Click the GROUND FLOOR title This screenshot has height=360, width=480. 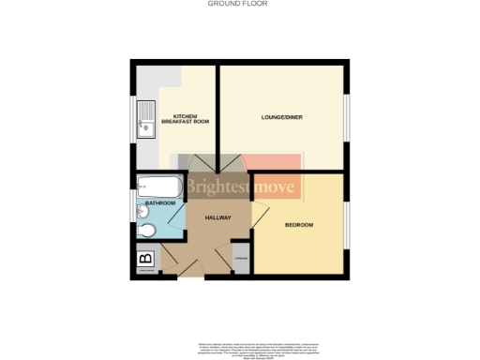[x=239, y=4]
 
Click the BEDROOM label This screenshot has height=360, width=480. [x=299, y=226]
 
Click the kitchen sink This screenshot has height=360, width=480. [x=146, y=118]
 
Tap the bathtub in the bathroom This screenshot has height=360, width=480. [x=160, y=187]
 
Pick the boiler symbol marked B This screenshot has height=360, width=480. [x=145, y=260]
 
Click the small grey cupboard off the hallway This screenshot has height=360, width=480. [x=241, y=260]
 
